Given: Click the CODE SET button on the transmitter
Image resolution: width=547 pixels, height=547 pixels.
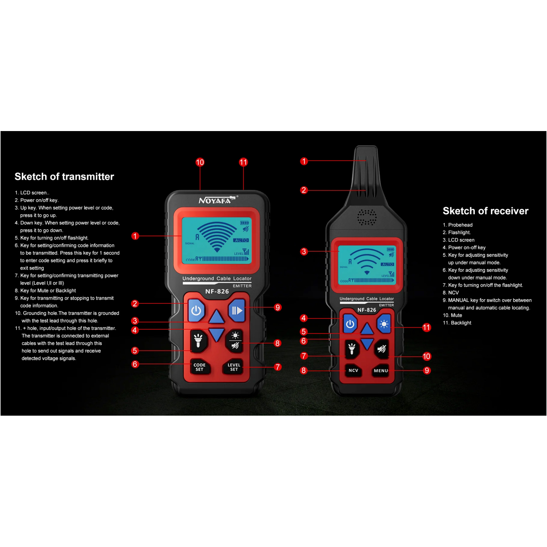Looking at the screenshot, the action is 199,367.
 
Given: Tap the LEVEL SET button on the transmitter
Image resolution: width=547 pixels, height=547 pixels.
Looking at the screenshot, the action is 234,367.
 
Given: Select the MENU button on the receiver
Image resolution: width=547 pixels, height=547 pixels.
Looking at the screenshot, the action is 381,371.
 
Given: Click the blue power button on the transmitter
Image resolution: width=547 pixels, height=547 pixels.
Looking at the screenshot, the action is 196,310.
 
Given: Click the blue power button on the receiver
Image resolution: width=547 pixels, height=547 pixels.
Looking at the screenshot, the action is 350,324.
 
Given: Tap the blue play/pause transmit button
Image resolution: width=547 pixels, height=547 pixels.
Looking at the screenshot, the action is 237,310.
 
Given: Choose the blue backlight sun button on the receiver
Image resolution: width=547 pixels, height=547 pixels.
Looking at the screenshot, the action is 384,324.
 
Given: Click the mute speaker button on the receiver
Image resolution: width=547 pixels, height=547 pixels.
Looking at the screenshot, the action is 381,349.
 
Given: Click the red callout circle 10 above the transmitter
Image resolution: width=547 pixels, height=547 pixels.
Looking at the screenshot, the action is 200,162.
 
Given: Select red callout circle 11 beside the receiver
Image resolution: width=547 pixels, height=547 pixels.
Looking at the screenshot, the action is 426,327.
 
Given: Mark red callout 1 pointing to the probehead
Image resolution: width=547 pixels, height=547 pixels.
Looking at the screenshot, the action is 304,161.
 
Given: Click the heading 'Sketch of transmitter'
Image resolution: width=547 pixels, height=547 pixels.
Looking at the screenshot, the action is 64,177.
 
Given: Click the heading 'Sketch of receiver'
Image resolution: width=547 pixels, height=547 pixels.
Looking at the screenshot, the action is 485,211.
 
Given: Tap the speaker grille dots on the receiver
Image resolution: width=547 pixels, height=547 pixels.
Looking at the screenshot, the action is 367,217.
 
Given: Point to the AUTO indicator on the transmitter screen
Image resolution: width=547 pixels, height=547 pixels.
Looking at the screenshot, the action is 241,240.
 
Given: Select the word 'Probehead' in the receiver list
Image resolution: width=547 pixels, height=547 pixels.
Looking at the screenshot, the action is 460,225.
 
